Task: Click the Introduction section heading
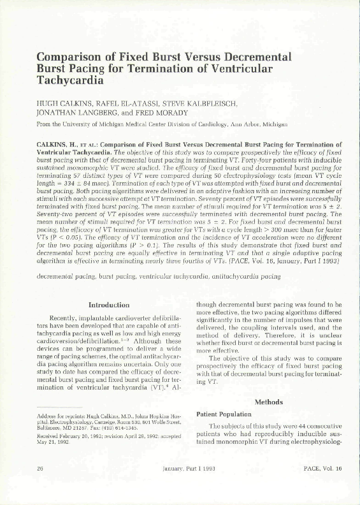pyautogui.click(x=109, y=304)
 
